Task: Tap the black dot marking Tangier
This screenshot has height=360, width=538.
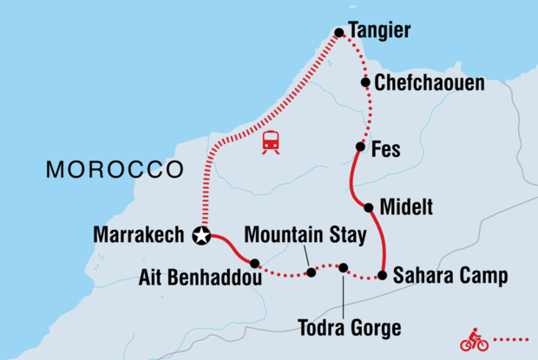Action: (339, 34)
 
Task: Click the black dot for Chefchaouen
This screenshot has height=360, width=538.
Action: (366, 83)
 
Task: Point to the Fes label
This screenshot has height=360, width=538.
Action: (384, 149)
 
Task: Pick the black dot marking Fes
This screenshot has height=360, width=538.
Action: (359, 147)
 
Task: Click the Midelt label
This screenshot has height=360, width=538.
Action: (404, 208)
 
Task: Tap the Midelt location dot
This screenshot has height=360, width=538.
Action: (370, 207)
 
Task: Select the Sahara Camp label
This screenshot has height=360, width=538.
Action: (449, 277)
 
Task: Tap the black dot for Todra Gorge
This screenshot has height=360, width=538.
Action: (344, 268)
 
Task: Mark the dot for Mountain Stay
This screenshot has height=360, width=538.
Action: (311, 272)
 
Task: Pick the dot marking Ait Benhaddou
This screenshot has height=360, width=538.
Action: (254, 263)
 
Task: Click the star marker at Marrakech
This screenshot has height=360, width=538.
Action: (202, 235)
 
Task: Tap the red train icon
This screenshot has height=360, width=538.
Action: (271, 141)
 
